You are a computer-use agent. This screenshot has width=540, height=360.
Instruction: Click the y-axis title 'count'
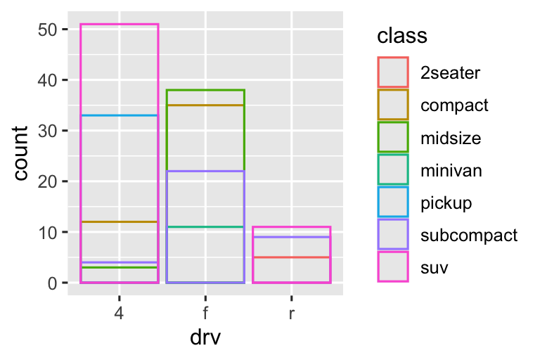tap(22, 153)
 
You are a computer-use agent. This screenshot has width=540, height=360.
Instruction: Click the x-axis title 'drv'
tap(205, 337)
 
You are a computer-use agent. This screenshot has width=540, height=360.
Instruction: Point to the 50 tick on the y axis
tap(49, 30)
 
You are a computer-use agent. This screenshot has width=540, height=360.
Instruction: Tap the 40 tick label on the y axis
tap(49, 80)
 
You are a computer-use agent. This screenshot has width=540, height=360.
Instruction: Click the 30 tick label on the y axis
tap(49, 131)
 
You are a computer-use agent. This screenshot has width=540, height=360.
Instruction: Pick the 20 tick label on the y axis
tap(49, 181)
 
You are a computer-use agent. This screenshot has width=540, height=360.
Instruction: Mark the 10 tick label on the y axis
tap(49, 232)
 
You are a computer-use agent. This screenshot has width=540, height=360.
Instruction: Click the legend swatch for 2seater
tap(393, 71)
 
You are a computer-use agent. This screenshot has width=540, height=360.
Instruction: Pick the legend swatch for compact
tap(393, 105)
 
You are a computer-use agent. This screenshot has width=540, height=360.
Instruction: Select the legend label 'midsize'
tap(451, 139)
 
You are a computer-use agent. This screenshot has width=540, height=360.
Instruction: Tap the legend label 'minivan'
tap(451, 171)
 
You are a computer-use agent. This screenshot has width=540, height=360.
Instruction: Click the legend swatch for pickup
tap(393, 203)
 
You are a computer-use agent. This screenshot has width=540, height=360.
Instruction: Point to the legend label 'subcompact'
tap(469, 236)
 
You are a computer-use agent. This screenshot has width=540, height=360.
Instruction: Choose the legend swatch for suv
tap(393, 268)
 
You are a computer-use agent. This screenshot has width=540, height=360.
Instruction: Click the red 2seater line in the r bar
tap(291, 257)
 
